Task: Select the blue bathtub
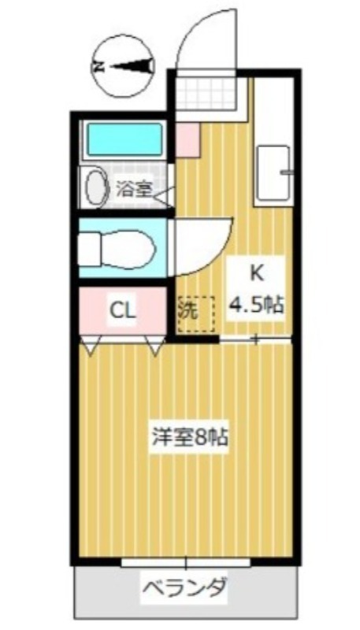(124, 139)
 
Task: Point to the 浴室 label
(133, 189)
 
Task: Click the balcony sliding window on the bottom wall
(186, 562)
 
